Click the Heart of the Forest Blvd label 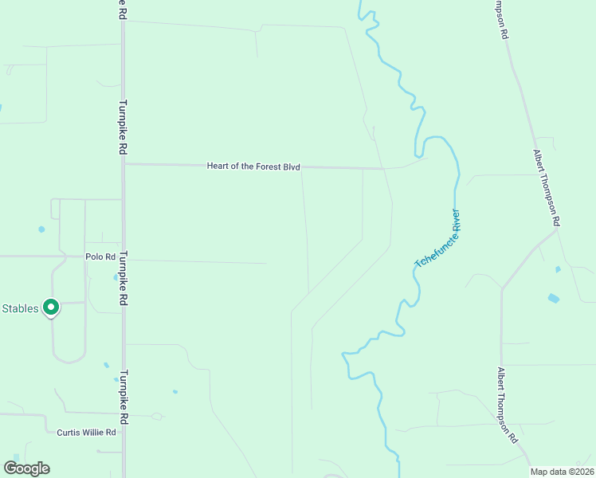tap(253, 167)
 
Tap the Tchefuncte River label tap(437, 238)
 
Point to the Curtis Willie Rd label tap(87, 433)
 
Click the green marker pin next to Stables tap(51, 307)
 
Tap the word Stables tap(20, 308)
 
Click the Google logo tap(26, 468)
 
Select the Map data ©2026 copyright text tap(561, 472)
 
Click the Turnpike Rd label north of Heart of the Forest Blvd tap(124, 127)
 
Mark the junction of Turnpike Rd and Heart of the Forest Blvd tap(124, 164)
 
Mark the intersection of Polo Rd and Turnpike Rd tap(124, 258)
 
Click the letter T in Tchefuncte tap(417, 264)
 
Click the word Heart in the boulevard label tap(218, 167)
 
